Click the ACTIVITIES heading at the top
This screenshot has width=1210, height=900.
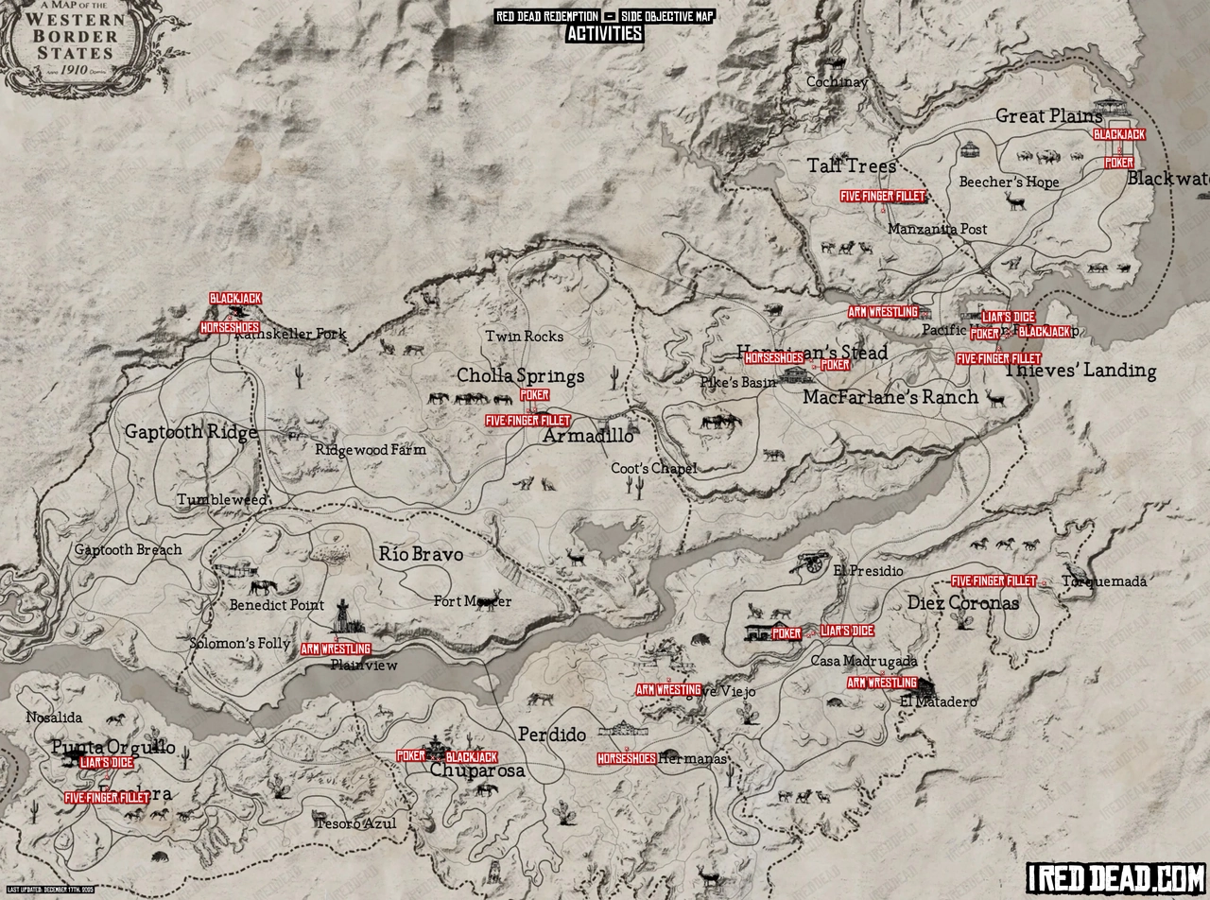tap(604, 34)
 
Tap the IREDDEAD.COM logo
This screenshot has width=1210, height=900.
tap(1115, 877)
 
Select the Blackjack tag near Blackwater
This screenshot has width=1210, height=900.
tap(1119, 134)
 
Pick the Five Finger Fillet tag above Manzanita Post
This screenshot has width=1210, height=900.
tap(883, 197)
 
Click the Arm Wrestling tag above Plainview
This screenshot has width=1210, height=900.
tap(336, 649)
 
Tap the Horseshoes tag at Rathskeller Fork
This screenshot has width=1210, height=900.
tap(230, 328)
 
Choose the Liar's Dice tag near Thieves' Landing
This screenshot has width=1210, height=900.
tap(1008, 317)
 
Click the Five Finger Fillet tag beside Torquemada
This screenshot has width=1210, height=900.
tap(994, 581)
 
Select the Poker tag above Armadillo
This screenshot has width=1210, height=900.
tap(534, 395)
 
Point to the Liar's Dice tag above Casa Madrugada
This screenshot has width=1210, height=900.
tap(847, 631)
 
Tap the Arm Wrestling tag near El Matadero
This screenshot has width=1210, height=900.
tap(882, 683)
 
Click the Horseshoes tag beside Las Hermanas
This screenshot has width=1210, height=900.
tap(627, 759)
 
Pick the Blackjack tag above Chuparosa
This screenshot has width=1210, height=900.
tap(471, 757)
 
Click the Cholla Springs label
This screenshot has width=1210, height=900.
tap(521, 376)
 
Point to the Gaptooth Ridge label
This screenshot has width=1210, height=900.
tap(191, 433)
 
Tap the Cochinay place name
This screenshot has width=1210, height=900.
tap(837, 82)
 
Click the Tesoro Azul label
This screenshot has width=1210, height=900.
tap(355, 823)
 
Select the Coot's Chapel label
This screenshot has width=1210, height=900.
tap(653, 469)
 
